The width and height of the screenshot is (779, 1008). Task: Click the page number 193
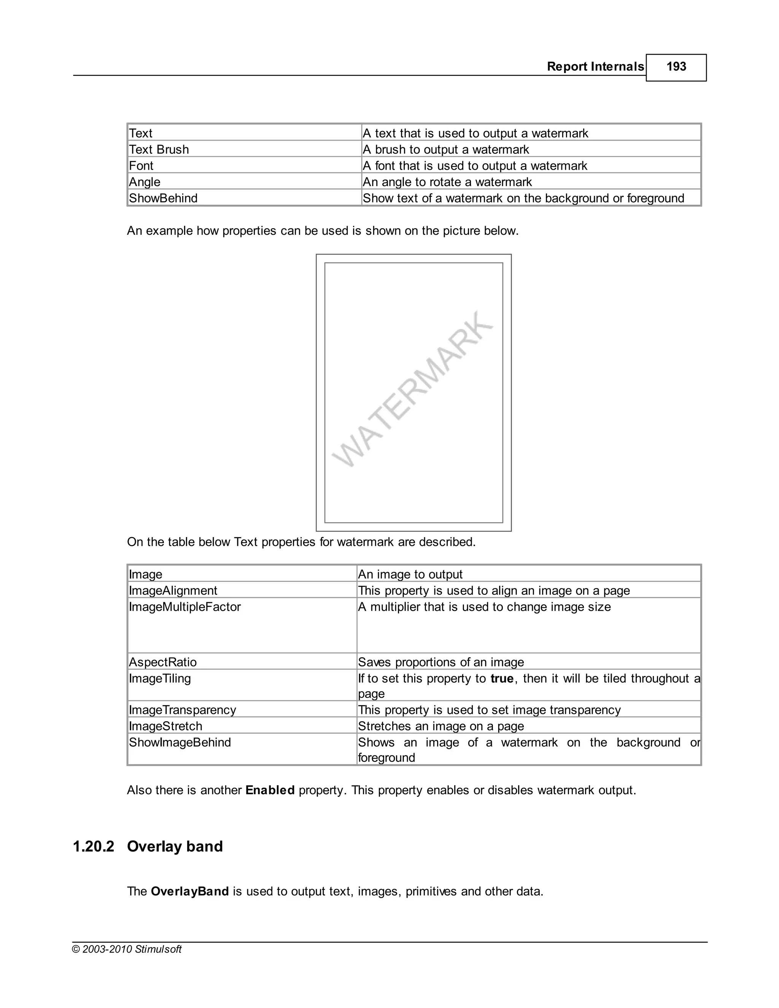[x=676, y=67]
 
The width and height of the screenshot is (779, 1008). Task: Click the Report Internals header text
[x=595, y=67]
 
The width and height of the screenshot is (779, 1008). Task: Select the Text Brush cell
[x=159, y=149]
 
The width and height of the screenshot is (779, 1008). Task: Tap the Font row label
[x=141, y=166]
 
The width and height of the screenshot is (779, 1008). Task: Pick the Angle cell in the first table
[x=145, y=182]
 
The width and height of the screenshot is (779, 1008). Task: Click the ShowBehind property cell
[x=163, y=198]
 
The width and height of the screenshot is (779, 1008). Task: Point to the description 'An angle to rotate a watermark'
[x=447, y=182]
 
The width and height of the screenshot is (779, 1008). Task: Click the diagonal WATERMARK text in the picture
[x=412, y=389]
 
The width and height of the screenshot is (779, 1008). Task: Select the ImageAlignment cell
[x=173, y=590]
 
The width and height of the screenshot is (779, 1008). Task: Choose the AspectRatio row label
[x=163, y=662]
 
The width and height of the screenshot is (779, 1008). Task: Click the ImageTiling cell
[x=160, y=679]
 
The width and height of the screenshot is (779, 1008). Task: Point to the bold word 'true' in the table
[x=502, y=679]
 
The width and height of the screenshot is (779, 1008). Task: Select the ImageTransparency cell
[x=182, y=710]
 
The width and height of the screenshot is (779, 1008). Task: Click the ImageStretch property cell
[x=166, y=726]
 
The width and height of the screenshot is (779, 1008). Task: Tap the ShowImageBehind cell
[x=180, y=742]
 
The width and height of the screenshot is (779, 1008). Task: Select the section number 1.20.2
[x=93, y=846]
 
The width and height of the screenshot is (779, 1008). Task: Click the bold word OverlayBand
[x=190, y=891]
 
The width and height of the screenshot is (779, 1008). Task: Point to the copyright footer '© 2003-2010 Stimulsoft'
[x=127, y=949]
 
